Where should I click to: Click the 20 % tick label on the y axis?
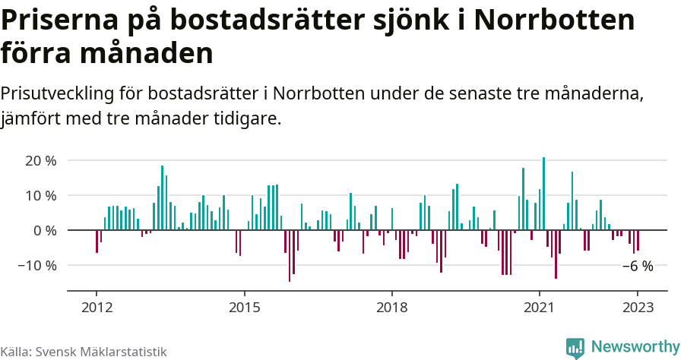(x=41, y=160)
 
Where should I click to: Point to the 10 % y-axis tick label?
(x=41, y=195)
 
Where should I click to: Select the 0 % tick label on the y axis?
(x=45, y=230)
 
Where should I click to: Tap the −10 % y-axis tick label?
(x=38, y=265)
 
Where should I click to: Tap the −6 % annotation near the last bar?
(x=638, y=266)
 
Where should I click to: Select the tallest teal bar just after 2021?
(x=543, y=194)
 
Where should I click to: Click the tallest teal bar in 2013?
(x=162, y=197)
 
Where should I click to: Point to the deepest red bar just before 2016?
(x=290, y=255)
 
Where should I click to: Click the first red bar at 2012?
(x=97, y=241)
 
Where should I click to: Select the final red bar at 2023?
(x=638, y=240)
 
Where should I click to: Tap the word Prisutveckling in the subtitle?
(x=57, y=93)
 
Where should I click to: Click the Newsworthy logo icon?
(x=575, y=348)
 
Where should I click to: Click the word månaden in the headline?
(x=146, y=54)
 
